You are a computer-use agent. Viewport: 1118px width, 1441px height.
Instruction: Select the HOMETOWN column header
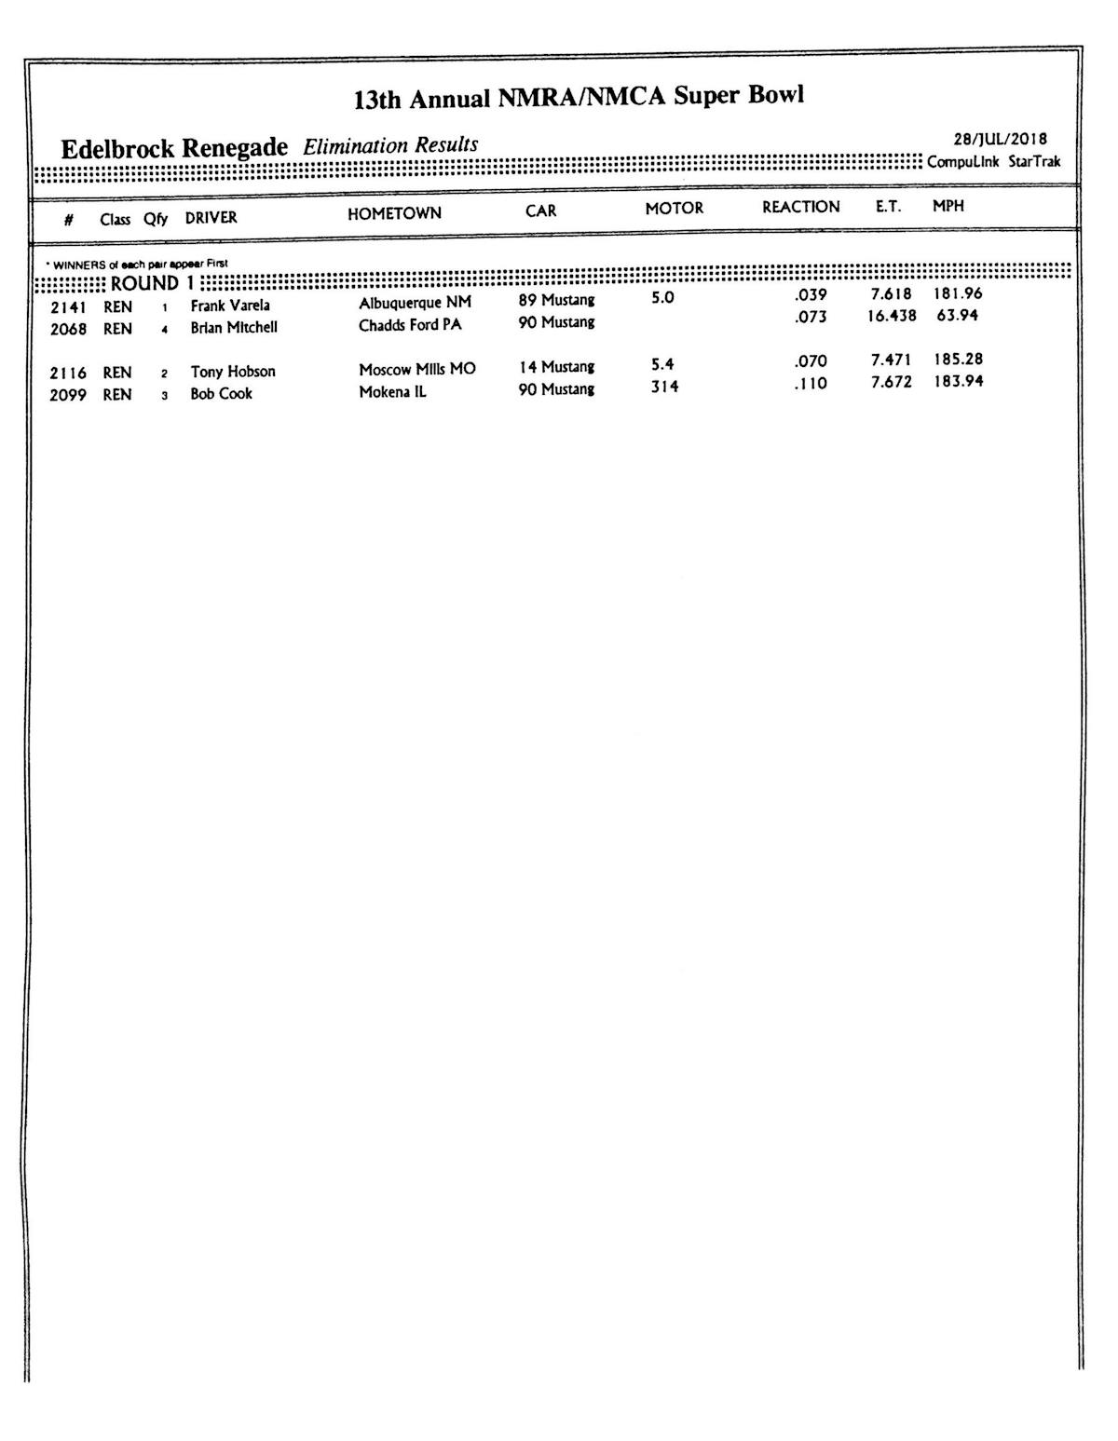pyautogui.click(x=394, y=213)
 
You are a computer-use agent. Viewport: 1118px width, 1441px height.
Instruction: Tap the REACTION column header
pyautogui.click(x=800, y=207)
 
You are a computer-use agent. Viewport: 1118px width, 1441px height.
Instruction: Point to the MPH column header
pyautogui.click(x=948, y=206)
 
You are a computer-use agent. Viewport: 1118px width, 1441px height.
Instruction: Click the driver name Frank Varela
pyautogui.click(x=230, y=306)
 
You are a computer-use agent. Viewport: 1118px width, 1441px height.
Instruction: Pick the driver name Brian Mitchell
pyautogui.click(x=234, y=327)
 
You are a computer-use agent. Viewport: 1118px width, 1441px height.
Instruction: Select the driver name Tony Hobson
pyautogui.click(x=233, y=372)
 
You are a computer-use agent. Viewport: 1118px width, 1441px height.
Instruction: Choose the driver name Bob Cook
pyautogui.click(x=221, y=393)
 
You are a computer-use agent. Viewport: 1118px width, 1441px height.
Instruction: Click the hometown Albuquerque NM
pyautogui.click(x=415, y=303)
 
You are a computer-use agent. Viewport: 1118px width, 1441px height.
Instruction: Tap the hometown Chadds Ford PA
pyautogui.click(x=410, y=325)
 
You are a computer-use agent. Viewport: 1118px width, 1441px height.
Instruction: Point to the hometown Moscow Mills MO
pyautogui.click(x=417, y=369)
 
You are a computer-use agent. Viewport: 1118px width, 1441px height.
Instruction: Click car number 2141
pyautogui.click(x=68, y=306)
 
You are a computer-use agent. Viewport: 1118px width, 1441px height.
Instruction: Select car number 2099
pyautogui.click(x=68, y=395)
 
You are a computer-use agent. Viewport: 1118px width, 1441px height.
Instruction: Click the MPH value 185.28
pyautogui.click(x=958, y=359)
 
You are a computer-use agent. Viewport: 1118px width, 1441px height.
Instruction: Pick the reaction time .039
pyautogui.click(x=811, y=294)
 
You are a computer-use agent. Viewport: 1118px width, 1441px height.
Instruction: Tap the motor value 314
pyautogui.click(x=664, y=387)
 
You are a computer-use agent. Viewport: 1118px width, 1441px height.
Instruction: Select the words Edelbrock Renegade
pyautogui.click(x=174, y=149)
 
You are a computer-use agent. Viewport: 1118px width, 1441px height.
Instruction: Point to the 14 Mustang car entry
pyautogui.click(x=556, y=367)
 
